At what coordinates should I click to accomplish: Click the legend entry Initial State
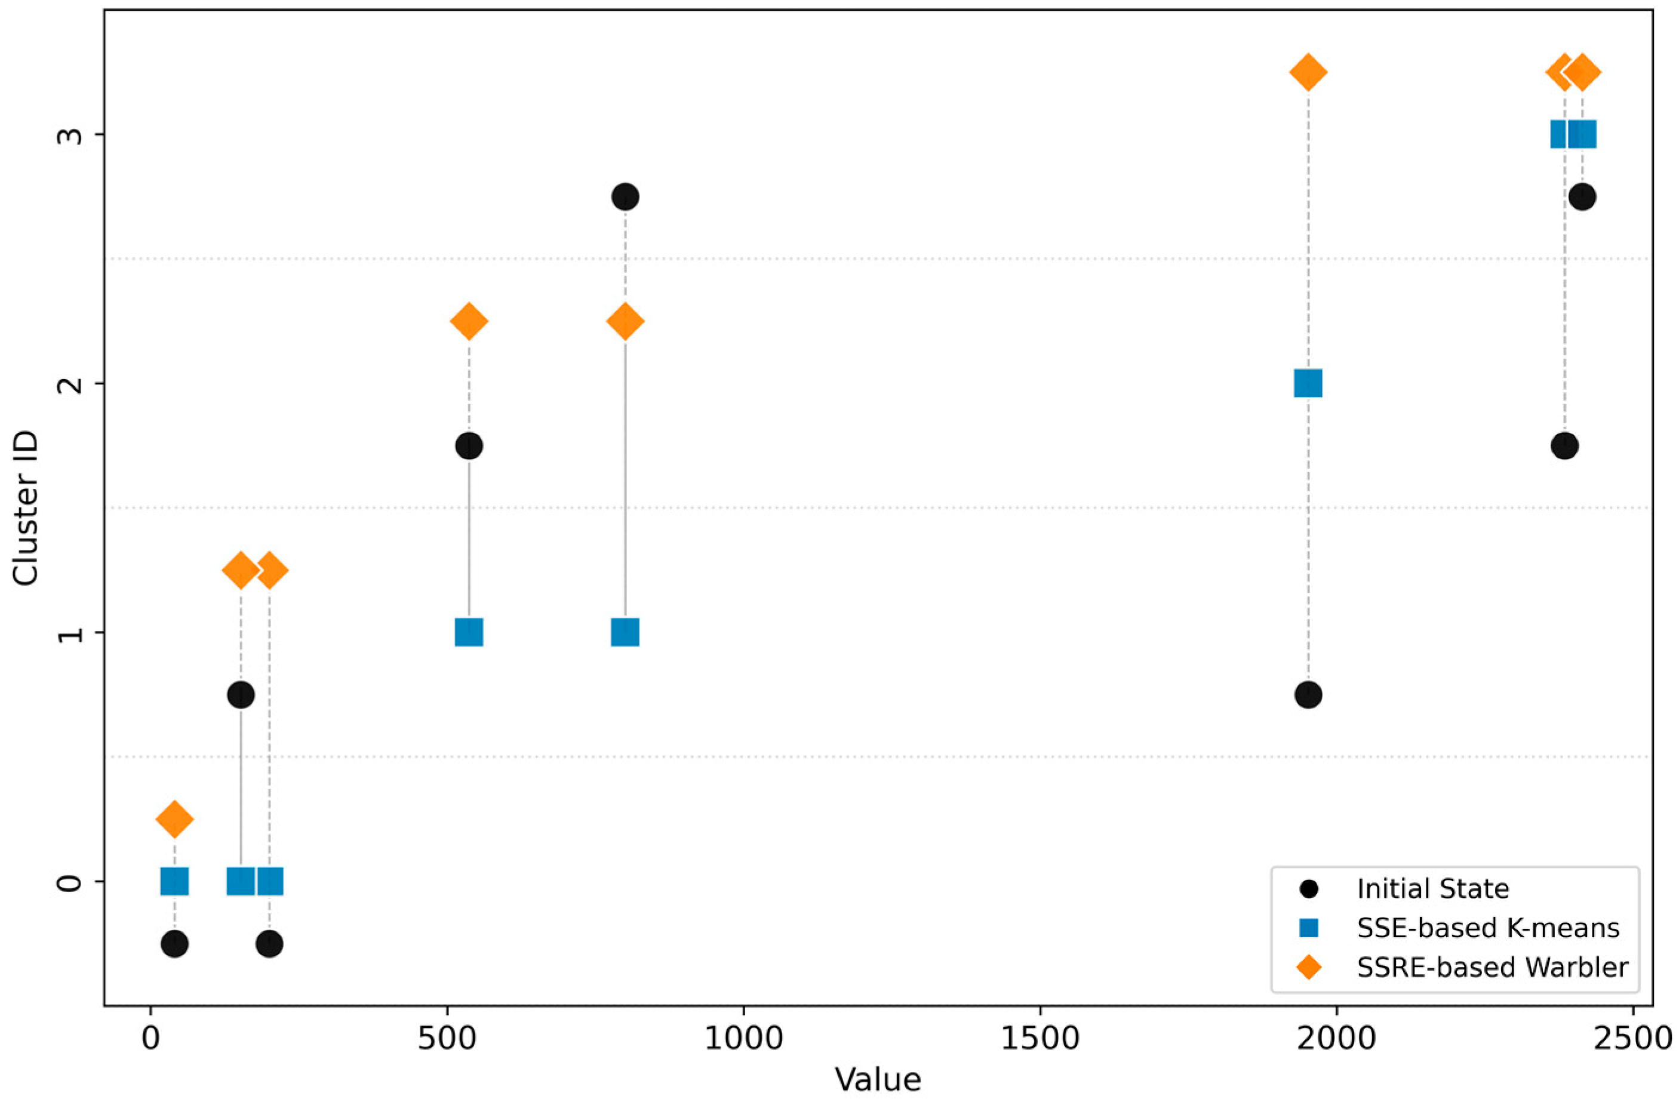pyautogui.click(x=1432, y=888)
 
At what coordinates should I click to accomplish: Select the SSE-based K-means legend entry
pyautogui.click(x=1487, y=927)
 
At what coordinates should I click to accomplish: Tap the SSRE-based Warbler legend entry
pyautogui.click(x=1492, y=966)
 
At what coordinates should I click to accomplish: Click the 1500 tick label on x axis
pyautogui.click(x=1040, y=1040)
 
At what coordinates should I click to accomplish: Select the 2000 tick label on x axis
pyautogui.click(x=1336, y=1040)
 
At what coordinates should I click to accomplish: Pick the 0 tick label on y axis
pyautogui.click(x=67, y=881)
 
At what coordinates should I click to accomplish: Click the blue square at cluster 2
pyautogui.click(x=1308, y=383)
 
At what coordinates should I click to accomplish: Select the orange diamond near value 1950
pyautogui.click(x=1308, y=72)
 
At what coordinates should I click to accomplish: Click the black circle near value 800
pyautogui.click(x=625, y=197)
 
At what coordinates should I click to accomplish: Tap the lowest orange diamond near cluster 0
pyautogui.click(x=174, y=819)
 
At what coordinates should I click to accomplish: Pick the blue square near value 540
pyautogui.click(x=469, y=632)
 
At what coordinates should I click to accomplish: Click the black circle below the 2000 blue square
pyautogui.click(x=1308, y=695)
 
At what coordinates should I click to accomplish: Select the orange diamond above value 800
pyautogui.click(x=625, y=321)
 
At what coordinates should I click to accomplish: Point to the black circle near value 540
pyautogui.click(x=469, y=446)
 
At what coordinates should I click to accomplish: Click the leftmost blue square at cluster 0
pyautogui.click(x=174, y=881)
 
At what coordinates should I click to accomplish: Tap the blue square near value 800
pyautogui.click(x=625, y=632)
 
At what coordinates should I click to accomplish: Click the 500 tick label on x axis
pyautogui.click(x=447, y=1040)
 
